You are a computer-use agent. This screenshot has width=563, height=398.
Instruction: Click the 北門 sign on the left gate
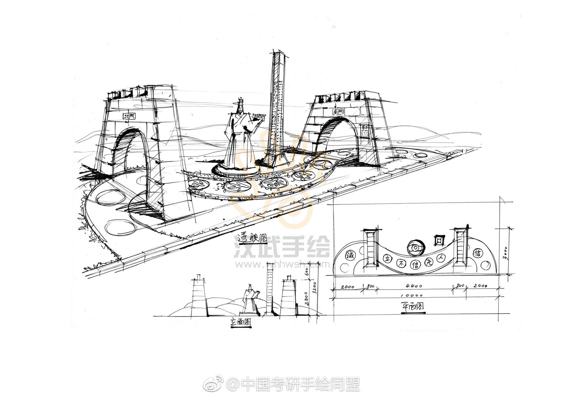click(x=129, y=116)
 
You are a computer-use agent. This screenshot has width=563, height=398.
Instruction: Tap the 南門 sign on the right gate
click(x=338, y=112)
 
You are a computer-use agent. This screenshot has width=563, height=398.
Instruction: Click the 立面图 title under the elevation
click(x=241, y=322)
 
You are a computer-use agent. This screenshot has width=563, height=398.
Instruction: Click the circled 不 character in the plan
click(x=400, y=263)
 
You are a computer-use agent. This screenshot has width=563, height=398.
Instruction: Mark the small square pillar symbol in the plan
click(x=439, y=240)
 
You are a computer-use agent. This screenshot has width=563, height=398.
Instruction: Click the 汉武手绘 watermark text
click(x=281, y=247)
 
